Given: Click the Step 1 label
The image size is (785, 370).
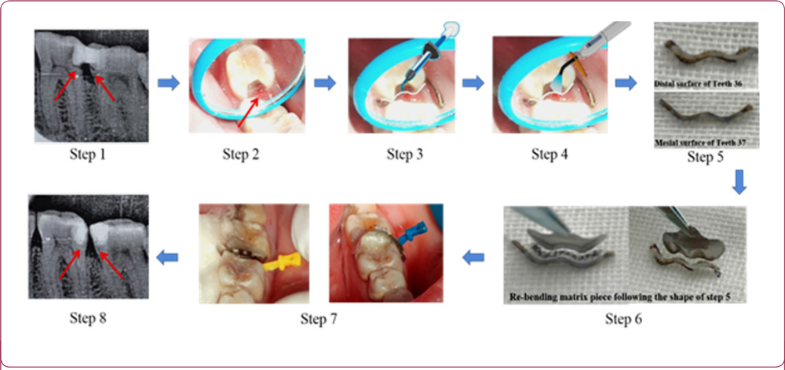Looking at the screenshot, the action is [x=88, y=155].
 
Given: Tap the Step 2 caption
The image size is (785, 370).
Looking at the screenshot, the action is [x=241, y=155].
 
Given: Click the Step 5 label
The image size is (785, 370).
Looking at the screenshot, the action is [x=705, y=158].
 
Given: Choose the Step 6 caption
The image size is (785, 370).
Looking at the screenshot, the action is [x=623, y=318].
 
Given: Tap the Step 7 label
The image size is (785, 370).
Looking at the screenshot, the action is [x=319, y=318].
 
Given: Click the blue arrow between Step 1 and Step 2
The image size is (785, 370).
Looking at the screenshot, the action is [x=169, y=83].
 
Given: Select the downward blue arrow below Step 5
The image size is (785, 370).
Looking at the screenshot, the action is [x=739, y=183].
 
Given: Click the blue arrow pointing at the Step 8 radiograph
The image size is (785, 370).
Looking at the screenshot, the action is [x=167, y=257].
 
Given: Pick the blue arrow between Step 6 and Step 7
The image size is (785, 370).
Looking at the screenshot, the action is [x=473, y=257].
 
